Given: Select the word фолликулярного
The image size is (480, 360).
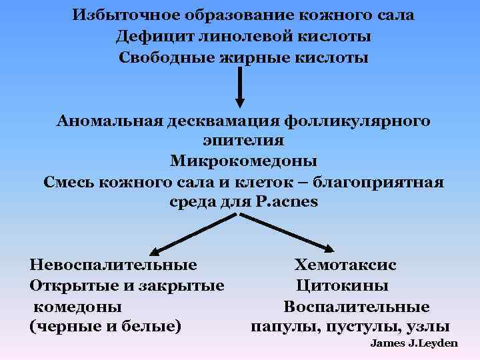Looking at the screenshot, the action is pos(357,121).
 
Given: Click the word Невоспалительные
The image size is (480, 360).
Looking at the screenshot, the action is pos(113,265).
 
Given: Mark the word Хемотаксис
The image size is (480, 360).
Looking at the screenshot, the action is pos(346,265).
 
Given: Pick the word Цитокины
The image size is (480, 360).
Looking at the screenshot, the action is pos(343,286).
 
